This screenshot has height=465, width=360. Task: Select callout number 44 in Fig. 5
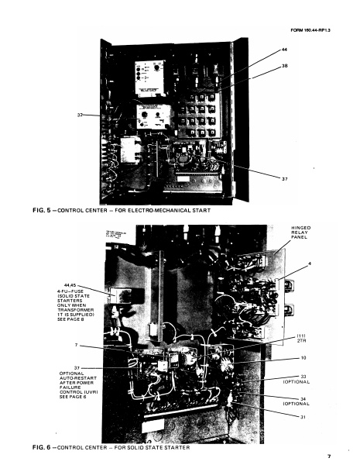point(283,49)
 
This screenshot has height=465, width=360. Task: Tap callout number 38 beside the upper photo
point(283,67)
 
